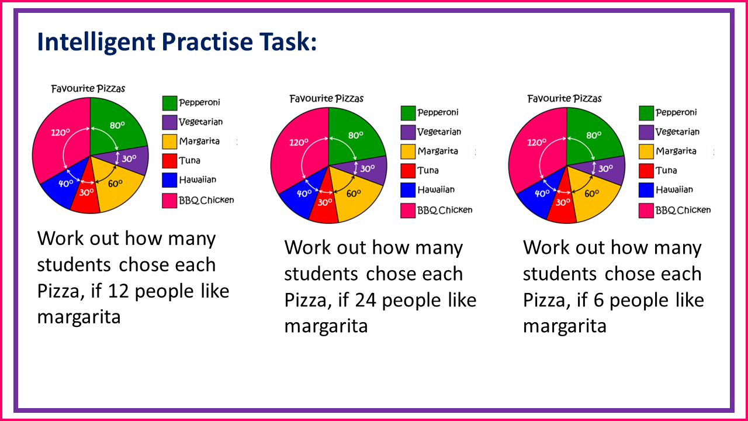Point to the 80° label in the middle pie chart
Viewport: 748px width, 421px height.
356,134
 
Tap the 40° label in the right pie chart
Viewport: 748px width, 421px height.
542,193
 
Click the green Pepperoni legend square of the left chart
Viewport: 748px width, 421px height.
170,103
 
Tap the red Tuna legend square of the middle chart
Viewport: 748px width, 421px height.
408,171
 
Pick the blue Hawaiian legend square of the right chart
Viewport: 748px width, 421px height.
646,190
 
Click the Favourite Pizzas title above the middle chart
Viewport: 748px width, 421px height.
327,98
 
